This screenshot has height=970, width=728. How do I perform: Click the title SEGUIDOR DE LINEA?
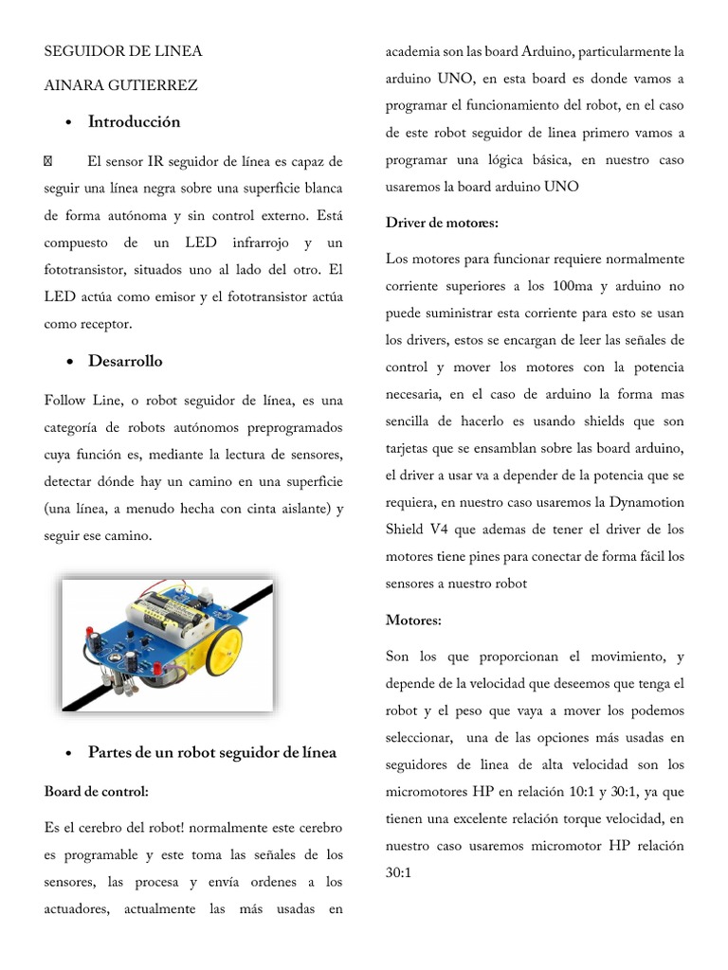(x=123, y=51)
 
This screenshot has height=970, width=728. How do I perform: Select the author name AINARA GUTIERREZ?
(x=120, y=86)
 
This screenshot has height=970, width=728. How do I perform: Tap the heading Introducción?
(x=134, y=122)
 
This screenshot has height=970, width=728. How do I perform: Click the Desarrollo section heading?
(x=125, y=361)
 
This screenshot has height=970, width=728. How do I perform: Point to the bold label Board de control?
(x=96, y=790)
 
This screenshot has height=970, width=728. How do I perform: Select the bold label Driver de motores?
(x=442, y=223)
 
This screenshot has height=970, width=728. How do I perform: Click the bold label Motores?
(x=413, y=620)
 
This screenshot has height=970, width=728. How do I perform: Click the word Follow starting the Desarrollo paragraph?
(x=65, y=401)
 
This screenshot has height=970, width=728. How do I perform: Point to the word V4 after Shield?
(x=449, y=530)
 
